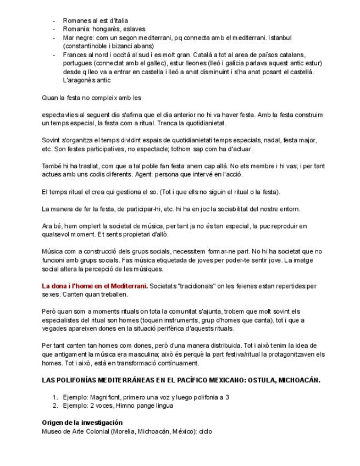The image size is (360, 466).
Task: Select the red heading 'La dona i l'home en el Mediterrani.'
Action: click(95, 286)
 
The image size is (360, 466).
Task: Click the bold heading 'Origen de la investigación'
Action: click(82, 423)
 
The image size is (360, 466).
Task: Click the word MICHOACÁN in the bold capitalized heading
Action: click(297, 380)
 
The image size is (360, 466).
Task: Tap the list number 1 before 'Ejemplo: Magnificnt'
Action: click(55, 397)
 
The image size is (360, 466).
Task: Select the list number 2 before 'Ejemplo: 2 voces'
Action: click(55, 406)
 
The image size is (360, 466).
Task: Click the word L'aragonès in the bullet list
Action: click(80, 80)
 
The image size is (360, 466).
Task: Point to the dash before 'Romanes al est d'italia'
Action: click(54, 20)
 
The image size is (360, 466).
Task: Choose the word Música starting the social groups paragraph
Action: click(53, 252)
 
